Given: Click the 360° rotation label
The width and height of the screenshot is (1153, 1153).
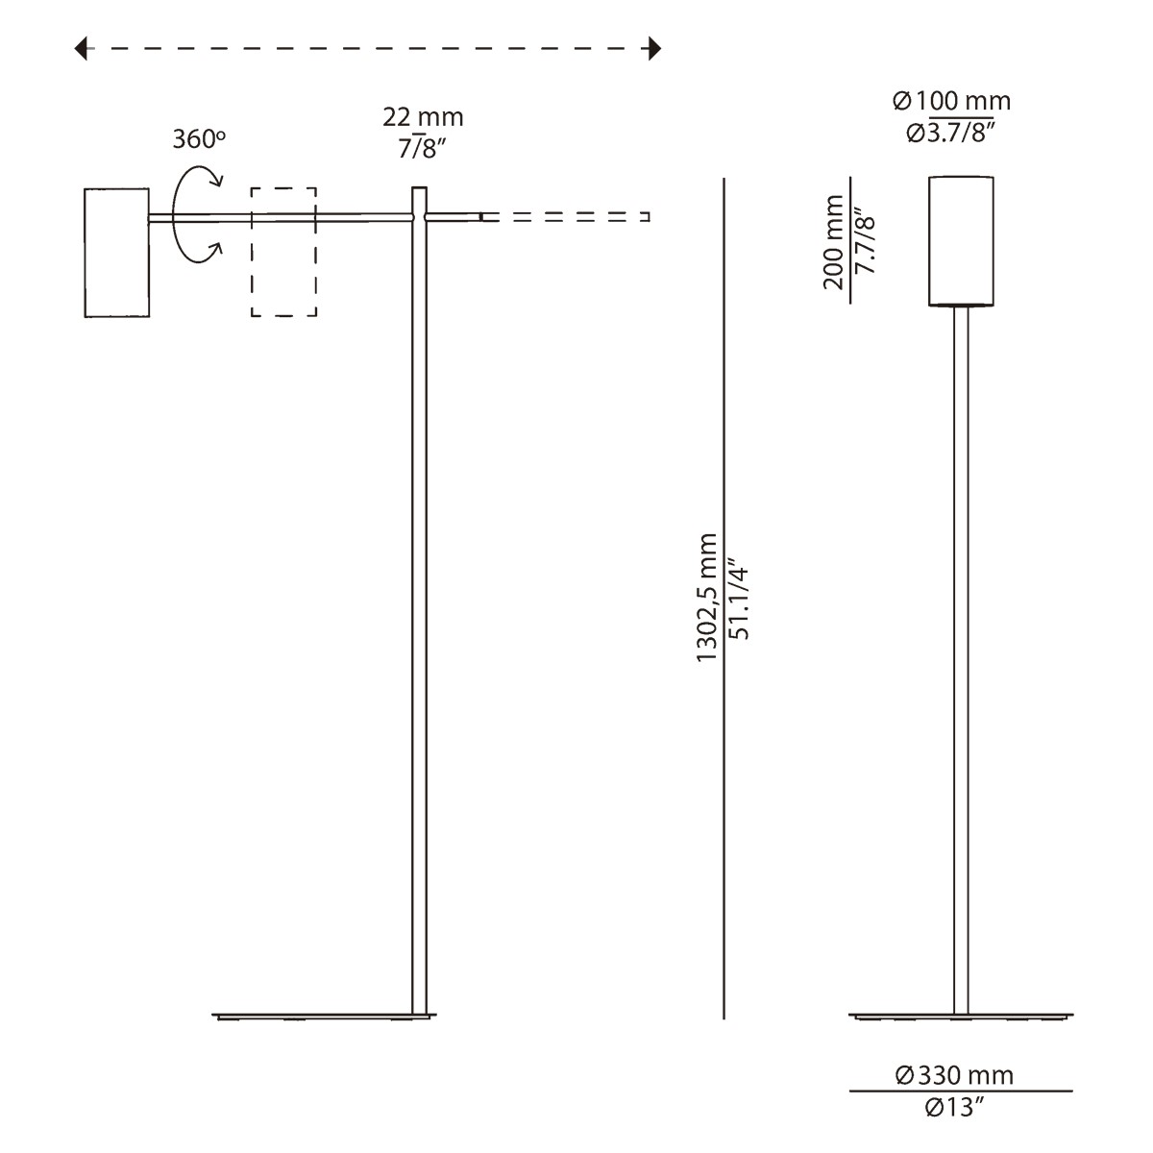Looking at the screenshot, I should pos(199,139).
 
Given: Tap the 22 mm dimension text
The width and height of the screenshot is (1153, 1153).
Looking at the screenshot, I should pos(423,117).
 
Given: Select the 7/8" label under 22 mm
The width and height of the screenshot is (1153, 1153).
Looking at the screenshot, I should pos(423,150).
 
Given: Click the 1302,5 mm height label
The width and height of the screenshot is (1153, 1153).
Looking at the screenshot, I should pos(708,596).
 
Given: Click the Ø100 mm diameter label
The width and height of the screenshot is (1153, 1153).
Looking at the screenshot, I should pos(951,101).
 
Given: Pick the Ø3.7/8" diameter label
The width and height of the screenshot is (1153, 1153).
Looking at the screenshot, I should pos(951,133).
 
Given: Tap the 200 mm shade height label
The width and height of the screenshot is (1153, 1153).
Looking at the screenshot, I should pos(833,242).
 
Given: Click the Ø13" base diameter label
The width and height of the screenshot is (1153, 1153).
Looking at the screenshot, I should pos(955,1108).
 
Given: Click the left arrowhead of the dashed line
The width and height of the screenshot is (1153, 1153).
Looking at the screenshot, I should pos(82,48).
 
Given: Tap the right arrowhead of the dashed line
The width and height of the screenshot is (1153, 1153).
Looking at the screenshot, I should pos(655,48).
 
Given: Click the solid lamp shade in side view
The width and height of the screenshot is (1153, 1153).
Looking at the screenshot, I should pos(116,252).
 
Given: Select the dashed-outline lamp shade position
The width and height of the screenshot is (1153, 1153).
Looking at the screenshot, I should pos(283,252).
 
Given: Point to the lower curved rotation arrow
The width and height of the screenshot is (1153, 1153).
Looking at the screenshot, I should pos(200,252).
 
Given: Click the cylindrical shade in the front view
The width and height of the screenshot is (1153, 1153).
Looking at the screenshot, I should pos(961,240).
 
